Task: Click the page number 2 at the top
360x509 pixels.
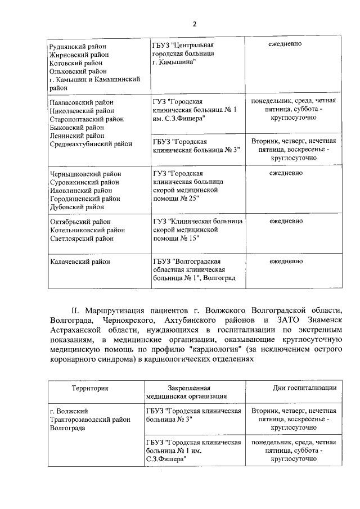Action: [x=195, y=24]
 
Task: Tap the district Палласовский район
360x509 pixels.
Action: [x=82, y=102]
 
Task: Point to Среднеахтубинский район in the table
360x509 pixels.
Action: [x=91, y=144]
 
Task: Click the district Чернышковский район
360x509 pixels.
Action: [x=85, y=174]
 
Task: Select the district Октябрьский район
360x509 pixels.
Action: [x=80, y=222]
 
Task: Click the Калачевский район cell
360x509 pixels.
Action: [x=80, y=262]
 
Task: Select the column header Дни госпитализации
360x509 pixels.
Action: [x=304, y=388]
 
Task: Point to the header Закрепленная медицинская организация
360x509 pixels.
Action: [x=189, y=392]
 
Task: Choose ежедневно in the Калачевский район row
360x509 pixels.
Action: [x=286, y=261]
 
